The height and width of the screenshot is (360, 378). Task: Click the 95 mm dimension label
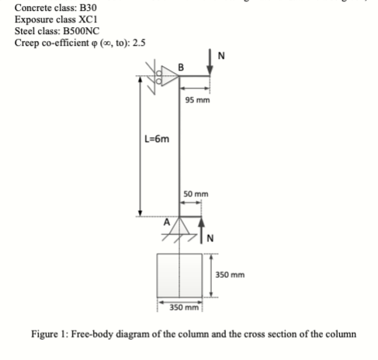(x=197, y=100)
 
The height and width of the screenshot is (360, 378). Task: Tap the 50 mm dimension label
(x=196, y=194)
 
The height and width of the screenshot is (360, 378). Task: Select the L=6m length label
(x=157, y=139)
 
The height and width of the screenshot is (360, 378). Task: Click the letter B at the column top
(x=181, y=67)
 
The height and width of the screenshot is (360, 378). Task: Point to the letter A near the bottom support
(x=167, y=222)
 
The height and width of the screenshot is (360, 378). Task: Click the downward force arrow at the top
(x=210, y=61)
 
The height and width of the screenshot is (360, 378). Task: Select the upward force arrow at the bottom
(x=201, y=230)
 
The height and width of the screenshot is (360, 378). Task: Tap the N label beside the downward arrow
(x=221, y=56)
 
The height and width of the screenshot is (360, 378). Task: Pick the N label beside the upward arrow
(x=210, y=238)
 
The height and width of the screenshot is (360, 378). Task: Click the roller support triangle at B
(x=169, y=76)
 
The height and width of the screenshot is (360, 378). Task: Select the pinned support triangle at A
(x=179, y=226)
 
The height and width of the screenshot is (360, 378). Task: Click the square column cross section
(x=179, y=275)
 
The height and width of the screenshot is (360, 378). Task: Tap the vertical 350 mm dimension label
(x=230, y=275)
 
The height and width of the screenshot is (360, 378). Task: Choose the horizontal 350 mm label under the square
(x=184, y=307)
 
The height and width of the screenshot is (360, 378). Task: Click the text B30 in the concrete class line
(x=88, y=8)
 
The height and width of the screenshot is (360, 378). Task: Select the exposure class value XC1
(x=88, y=19)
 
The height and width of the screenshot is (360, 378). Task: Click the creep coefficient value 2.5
(x=139, y=43)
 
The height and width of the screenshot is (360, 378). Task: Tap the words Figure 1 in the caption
(x=48, y=334)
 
